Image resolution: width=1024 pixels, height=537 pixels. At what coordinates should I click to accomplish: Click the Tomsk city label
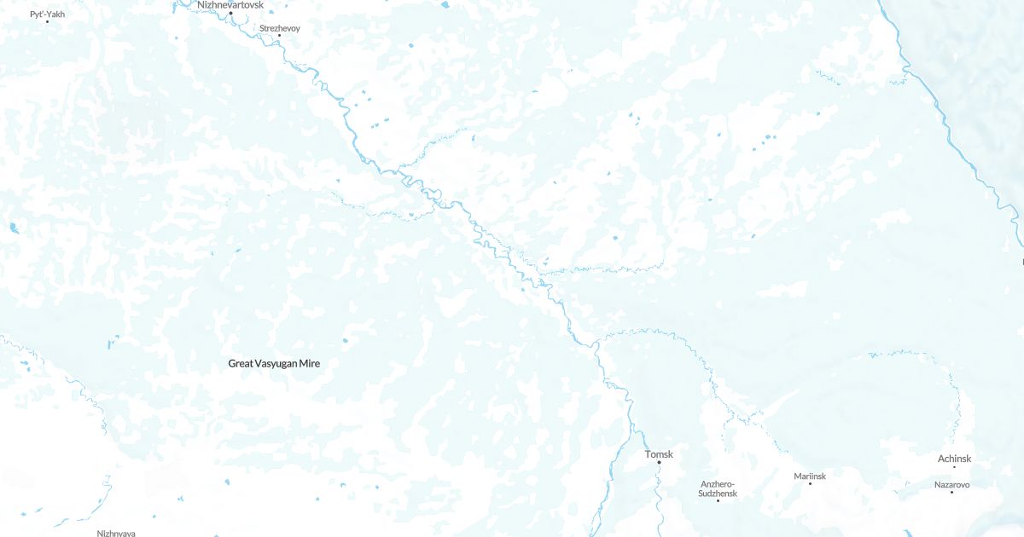click(659, 454)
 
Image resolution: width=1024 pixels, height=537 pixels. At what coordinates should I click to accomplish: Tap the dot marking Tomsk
click(659, 463)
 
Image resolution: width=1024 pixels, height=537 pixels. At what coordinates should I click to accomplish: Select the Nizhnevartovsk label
click(230, 5)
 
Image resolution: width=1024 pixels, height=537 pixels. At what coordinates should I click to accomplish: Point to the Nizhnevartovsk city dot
click(230, 13)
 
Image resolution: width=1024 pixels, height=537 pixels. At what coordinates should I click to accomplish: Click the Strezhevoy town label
click(280, 28)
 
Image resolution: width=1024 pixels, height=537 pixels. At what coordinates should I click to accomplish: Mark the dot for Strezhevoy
click(279, 36)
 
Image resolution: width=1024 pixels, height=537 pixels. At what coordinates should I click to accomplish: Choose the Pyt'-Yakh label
click(47, 14)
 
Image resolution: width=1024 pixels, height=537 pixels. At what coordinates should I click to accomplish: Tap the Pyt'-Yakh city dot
click(47, 21)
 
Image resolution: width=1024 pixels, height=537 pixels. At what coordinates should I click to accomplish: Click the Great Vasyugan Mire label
click(274, 363)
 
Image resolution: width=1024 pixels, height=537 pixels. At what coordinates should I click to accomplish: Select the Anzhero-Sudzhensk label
click(718, 488)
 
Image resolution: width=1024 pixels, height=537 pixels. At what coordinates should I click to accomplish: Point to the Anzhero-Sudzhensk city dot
click(718, 500)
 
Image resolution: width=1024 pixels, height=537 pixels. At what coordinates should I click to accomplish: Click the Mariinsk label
click(810, 476)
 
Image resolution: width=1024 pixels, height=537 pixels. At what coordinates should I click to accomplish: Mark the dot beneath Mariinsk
click(810, 483)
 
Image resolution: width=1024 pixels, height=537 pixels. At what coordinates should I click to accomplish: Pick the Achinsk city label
click(954, 459)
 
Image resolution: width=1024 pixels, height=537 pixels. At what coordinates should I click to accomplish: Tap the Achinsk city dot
click(954, 467)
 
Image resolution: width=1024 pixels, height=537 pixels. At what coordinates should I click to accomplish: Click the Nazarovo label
click(951, 485)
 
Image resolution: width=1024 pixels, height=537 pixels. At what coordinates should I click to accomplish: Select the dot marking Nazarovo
click(951, 493)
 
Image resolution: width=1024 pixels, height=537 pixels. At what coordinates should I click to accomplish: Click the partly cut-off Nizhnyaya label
click(116, 533)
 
